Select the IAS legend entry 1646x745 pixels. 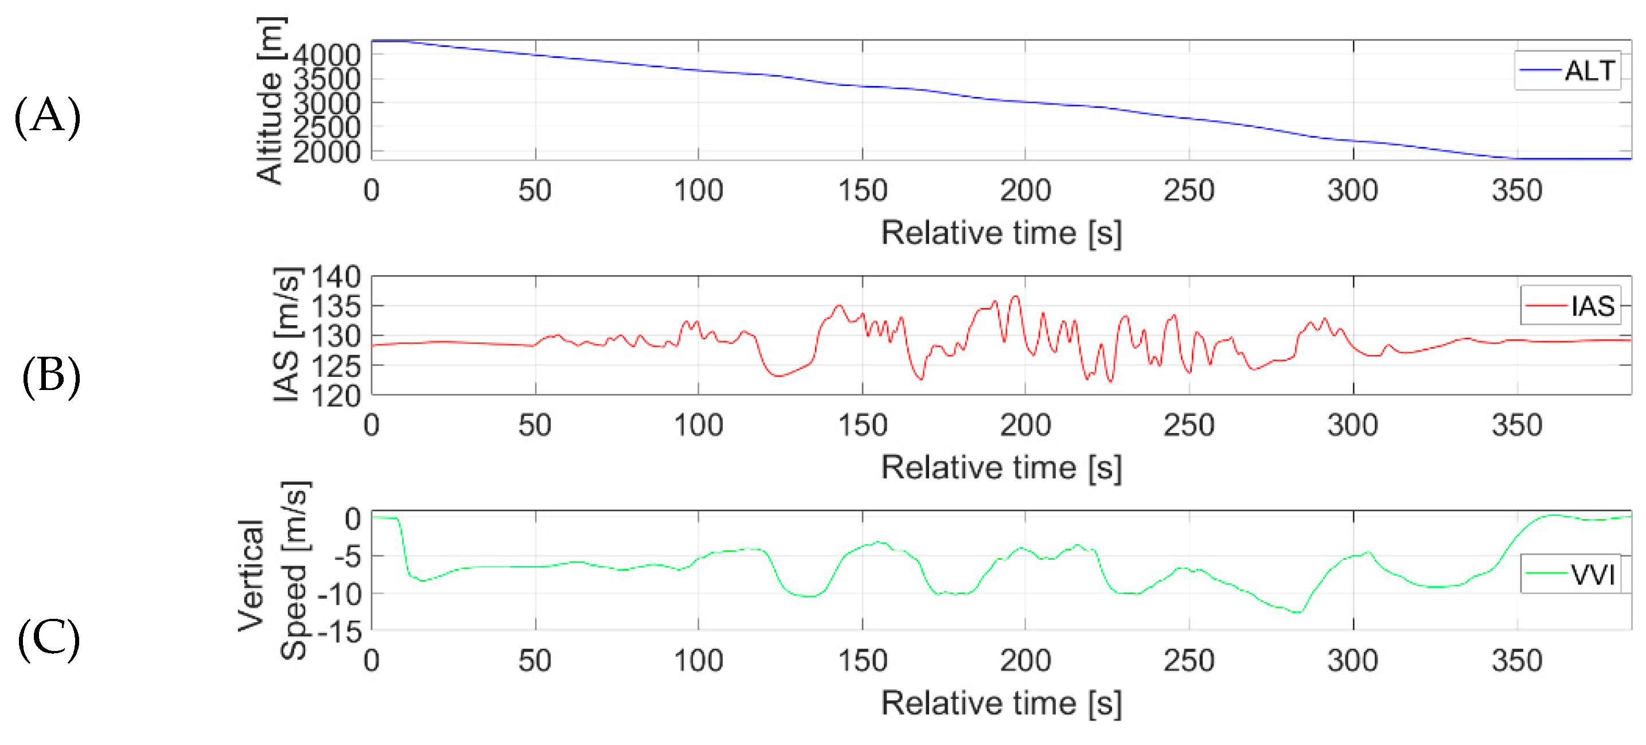click(x=1571, y=306)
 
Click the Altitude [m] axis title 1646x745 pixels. click(x=269, y=100)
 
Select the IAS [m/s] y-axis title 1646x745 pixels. click(x=286, y=334)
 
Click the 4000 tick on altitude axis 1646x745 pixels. click(x=326, y=55)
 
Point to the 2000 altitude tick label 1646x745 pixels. click(x=326, y=152)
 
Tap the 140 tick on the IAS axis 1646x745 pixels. click(x=336, y=278)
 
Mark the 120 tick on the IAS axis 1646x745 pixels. click(x=336, y=396)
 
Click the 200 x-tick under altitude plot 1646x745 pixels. click(x=1025, y=190)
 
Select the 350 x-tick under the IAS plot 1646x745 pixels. click(x=1516, y=425)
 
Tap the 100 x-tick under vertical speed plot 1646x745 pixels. click(x=699, y=660)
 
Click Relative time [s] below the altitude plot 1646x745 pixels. click(x=1001, y=233)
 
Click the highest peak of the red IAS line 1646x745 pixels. click(x=1015, y=297)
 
